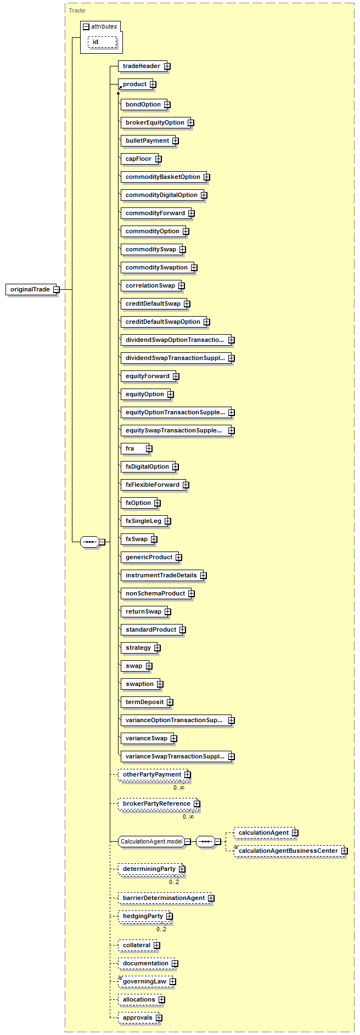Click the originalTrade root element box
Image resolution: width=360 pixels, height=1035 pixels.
point(30,289)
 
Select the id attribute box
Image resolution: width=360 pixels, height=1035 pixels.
point(102,42)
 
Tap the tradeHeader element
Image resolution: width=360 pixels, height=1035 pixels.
point(141,66)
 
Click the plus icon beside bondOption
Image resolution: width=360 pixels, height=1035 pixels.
point(167,105)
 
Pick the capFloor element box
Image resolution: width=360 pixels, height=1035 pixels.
point(138,159)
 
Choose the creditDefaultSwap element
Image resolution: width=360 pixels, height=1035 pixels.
point(153,303)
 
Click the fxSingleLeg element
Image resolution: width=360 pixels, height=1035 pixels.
point(143,521)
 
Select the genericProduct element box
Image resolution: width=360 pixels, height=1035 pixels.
point(149,557)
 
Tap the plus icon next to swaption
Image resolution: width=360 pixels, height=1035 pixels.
point(160,684)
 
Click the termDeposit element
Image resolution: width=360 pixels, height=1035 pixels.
point(144,702)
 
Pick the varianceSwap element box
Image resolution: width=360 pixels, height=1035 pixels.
point(146,738)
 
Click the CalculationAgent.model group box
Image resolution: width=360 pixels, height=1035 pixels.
point(151,841)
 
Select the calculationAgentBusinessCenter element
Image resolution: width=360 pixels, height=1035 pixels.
point(288,851)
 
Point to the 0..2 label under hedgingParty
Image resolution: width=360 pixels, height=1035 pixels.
point(161,929)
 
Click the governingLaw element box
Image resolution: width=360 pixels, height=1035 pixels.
point(144,981)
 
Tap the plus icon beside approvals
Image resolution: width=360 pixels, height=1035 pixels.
point(159,1018)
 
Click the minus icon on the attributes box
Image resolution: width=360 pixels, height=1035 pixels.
point(86,27)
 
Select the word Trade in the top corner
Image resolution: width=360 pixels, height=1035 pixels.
point(77,10)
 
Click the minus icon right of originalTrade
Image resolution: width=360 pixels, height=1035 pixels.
point(57,289)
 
